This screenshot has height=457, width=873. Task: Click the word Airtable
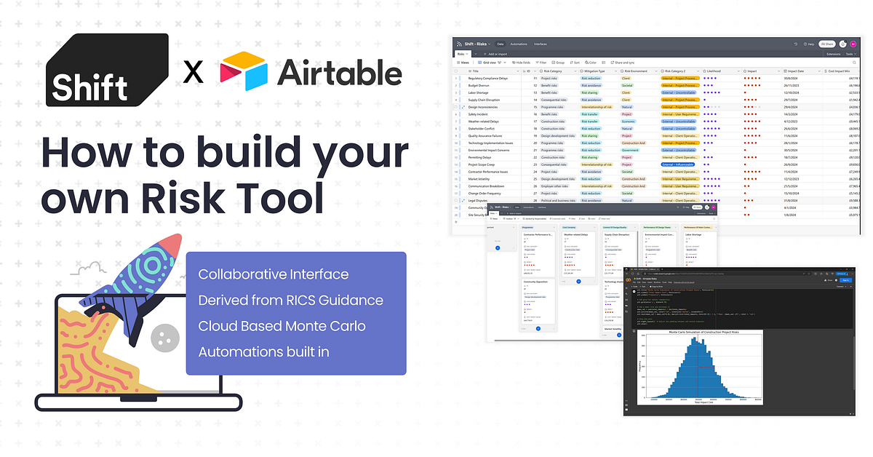pos(339,73)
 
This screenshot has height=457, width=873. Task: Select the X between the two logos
pos(193,73)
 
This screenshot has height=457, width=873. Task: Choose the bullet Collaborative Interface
pos(273,274)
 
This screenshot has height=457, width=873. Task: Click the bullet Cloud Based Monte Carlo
pos(282,325)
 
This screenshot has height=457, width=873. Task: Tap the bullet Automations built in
pos(263,351)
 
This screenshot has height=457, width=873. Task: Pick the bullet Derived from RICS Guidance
pos(290,300)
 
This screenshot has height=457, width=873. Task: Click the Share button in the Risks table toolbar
pos(826,44)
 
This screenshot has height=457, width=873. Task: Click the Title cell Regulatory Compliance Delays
pos(487,78)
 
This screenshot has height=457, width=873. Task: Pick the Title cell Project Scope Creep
pos(482,164)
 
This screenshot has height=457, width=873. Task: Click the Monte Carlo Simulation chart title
pos(699,332)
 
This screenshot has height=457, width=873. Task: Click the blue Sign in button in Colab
pos(842,279)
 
